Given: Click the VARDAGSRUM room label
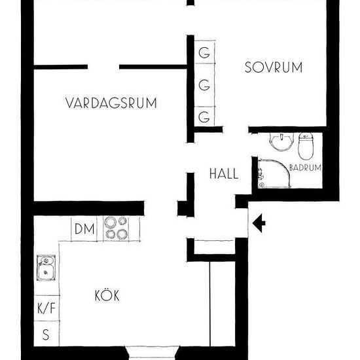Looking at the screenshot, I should (113, 103).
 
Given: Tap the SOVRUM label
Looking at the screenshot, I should (273, 66).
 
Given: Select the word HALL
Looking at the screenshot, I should (223, 174).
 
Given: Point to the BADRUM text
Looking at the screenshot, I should (306, 168).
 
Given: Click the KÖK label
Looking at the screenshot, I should (107, 295).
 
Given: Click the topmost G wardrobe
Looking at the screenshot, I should (205, 53).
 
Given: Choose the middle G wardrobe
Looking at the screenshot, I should (205, 85).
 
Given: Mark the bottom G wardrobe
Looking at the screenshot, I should (205, 117).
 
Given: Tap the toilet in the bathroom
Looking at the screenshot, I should (306, 145).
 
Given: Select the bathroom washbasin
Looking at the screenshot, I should (281, 139).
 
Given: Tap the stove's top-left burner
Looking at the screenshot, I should (111, 223).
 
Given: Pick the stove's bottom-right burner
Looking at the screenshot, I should (122, 234).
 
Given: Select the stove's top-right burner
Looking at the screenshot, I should (122, 223).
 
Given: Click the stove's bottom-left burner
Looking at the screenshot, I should (111, 234).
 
